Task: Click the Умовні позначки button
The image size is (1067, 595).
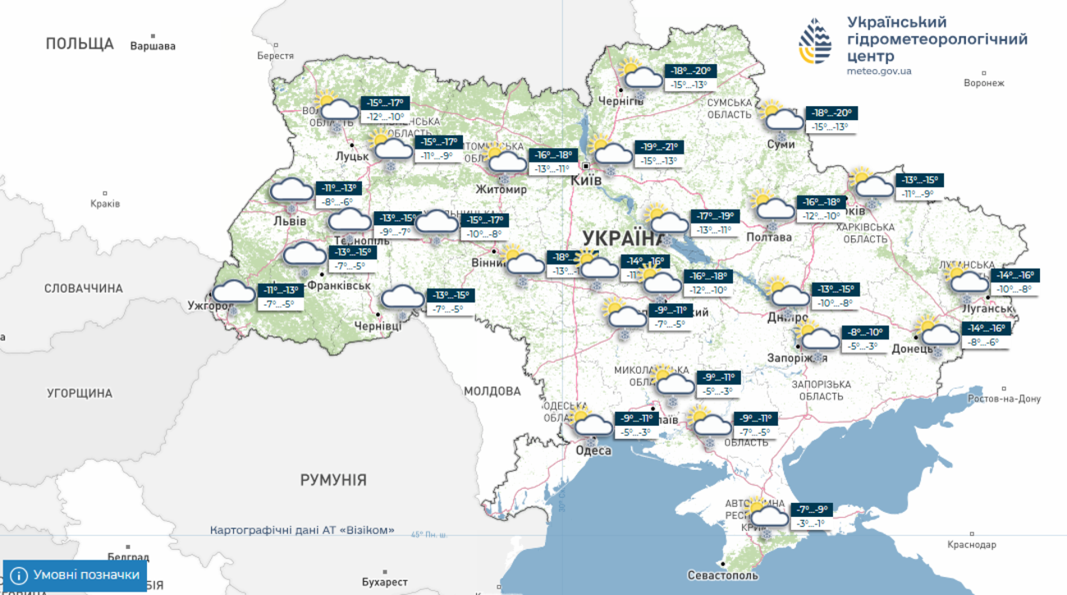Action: coord(75,575)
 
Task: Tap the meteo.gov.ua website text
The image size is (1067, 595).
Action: coord(879,71)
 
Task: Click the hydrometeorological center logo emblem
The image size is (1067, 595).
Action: coord(815,41)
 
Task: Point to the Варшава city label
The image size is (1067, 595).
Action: coord(153,46)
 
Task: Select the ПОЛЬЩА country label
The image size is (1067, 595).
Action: coord(80,44)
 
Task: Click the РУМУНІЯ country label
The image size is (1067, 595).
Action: coord(333,480)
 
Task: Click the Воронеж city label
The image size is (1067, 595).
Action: coord(984,83)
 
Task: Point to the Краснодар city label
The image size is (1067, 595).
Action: coord(971,545)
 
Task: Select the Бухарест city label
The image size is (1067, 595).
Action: coord(384,582)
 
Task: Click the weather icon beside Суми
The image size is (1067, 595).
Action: coord(781,118)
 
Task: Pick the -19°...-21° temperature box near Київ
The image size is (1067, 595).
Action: coord(660,147)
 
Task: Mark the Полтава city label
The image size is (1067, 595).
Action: coord(769,238)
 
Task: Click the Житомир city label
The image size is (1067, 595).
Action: coord(501,190)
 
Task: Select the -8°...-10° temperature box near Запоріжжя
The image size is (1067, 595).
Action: coord(864,333)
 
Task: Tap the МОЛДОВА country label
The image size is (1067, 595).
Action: coord(492,391)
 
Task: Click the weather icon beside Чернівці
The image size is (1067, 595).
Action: coord(403,300)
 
